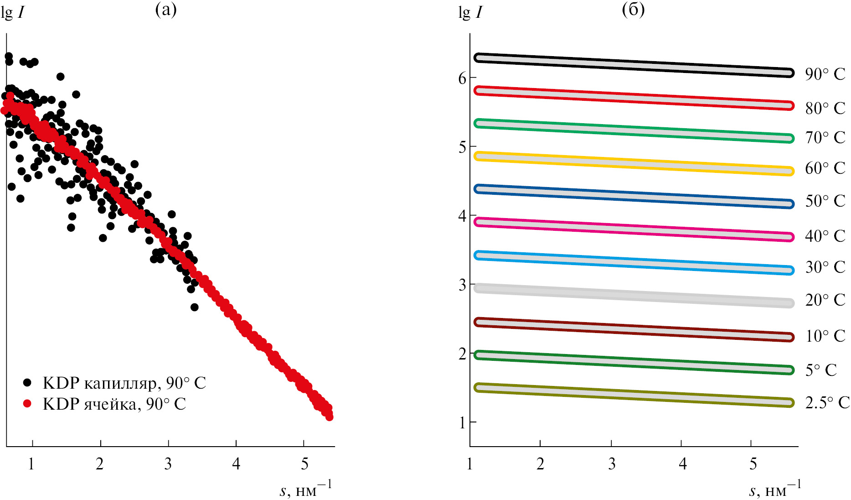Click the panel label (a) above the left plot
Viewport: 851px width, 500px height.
tap(166, 10)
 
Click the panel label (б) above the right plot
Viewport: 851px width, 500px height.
tap(633, 10)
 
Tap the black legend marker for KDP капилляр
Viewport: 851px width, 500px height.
tap(28, 382)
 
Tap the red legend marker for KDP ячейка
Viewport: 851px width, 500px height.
tap(28, 404)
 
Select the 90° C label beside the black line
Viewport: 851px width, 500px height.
tap(825, 74)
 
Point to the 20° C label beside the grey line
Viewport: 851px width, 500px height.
tap(825, 300)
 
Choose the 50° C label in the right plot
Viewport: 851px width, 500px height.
tap(825, 201)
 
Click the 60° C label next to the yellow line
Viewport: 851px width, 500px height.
tap(825, 168)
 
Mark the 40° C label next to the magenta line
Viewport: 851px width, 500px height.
tap(825, 236)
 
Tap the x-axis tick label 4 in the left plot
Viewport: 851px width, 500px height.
tap(236, 464)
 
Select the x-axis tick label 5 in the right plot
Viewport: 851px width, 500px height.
tap(753, 464)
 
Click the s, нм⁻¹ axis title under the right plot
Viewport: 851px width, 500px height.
tap(775, 489)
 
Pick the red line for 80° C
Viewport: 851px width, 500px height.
tap(634, 98)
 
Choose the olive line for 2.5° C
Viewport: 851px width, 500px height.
tap(634, 395)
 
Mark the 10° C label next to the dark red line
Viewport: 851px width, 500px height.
tap(825, 336)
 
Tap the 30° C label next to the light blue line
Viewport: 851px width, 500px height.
tap(825, 267)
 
